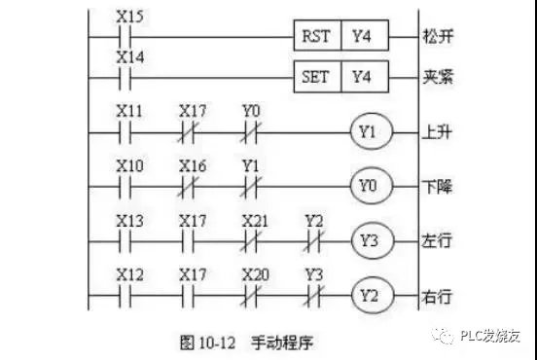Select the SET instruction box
pyautogui.click(x=319, y=76)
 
